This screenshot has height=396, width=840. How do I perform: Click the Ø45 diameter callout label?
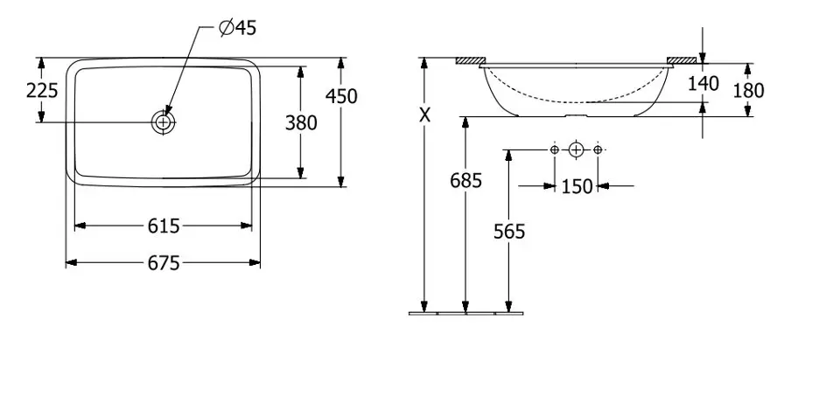click(x=238, y=27)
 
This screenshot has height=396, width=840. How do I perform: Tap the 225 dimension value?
click(x=42, y=90)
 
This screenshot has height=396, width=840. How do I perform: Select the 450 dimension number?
click(x=341, y=96)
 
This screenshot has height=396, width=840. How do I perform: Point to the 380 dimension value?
click(x=301, y=123)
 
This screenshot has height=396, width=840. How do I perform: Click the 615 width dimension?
click(x=164, y=226)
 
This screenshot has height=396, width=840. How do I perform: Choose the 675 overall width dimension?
click(x=164, y=263)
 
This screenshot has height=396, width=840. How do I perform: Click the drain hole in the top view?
click(x=163, y=122)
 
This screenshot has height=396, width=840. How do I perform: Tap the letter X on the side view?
click(x=424, y=115)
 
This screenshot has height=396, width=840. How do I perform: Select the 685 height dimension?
click(x=466, y=181)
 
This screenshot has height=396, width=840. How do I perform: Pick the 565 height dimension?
click(x=509, y=231)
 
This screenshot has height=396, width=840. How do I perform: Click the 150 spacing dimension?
click(x=577, y=187)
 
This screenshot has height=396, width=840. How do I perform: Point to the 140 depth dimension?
click(x=703, y=83)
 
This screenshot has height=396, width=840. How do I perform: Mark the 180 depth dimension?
click(x=748, y=90)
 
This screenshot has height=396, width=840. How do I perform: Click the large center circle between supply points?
click(x=576, y=149)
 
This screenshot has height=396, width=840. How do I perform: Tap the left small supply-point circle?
click(x=555, y=149)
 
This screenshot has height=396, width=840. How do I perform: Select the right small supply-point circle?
click(x=598, y=149)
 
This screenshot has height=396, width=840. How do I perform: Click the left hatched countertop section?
click(x=471, y=60)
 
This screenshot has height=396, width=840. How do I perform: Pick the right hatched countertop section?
click(x=682, y=60)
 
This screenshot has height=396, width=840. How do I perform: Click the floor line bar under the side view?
click(x=466, y=313)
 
